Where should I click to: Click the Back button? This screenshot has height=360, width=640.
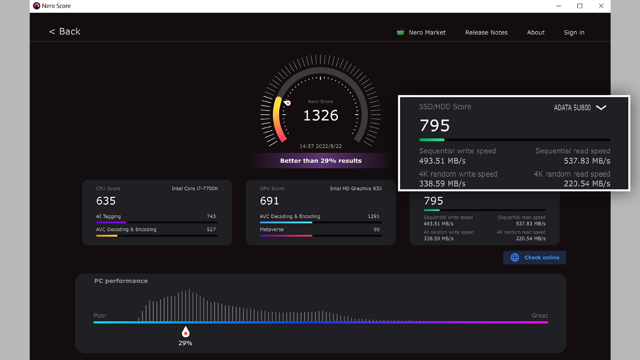point(65,32)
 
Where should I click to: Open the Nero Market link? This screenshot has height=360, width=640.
point(427,32)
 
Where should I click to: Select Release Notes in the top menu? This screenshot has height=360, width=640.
point(486,32)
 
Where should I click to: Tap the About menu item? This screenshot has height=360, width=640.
point(536,32)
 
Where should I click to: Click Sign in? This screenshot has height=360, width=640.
point(574,32)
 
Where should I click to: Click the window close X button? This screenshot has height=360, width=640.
point(601,6)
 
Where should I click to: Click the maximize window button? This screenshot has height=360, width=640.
point(580,6)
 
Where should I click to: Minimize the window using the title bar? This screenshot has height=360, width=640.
point(559,6)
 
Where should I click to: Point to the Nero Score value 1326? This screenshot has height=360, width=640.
point(321,115)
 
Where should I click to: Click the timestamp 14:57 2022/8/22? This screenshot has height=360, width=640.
point(321,146)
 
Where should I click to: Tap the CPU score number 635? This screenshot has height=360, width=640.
point(106,201)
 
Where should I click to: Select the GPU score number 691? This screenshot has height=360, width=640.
point(269,201)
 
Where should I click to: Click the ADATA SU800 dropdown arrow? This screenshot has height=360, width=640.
point(601,107)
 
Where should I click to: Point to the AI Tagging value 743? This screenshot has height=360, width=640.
point(211,216)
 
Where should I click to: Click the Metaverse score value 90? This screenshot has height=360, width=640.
point(376,229)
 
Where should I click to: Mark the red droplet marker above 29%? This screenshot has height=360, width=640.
point(186,332)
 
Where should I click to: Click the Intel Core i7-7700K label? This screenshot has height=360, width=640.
point(195,188)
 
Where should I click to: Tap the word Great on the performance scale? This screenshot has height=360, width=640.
point(540,315)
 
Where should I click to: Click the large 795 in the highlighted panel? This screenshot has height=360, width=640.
point(435,126)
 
